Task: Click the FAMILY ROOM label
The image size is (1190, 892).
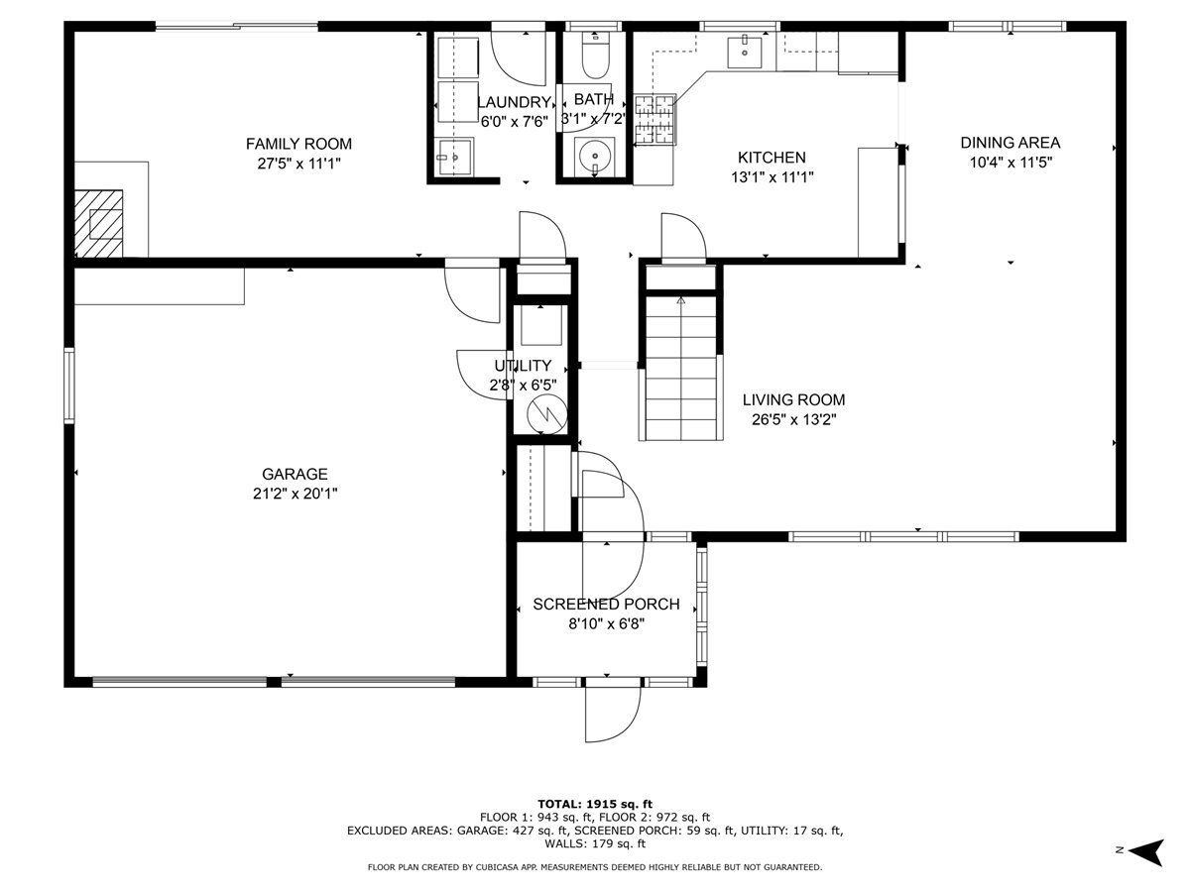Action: [298, 144]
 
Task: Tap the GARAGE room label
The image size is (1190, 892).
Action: [295, 474]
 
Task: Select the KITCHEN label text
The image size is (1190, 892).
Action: [772, 157]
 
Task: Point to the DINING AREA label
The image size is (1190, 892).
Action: [1010, 143]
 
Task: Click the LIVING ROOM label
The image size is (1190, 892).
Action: [793, 399]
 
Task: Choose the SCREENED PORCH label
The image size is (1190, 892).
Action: [606, 604]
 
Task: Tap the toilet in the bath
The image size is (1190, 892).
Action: [595, 55]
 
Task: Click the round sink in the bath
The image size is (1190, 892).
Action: [595, 156]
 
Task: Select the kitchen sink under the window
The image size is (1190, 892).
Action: [745, 52]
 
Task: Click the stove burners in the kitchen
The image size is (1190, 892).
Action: [654, 120]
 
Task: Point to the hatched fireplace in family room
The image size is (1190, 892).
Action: [98, 224]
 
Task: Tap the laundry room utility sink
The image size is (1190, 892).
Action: [454, 157]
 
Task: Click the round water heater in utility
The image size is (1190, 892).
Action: [547, 415]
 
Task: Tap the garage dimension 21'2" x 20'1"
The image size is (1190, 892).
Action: [295, 494]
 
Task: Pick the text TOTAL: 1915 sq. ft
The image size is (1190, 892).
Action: [595, 804]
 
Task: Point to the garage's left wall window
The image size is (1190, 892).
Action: [68, 387]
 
